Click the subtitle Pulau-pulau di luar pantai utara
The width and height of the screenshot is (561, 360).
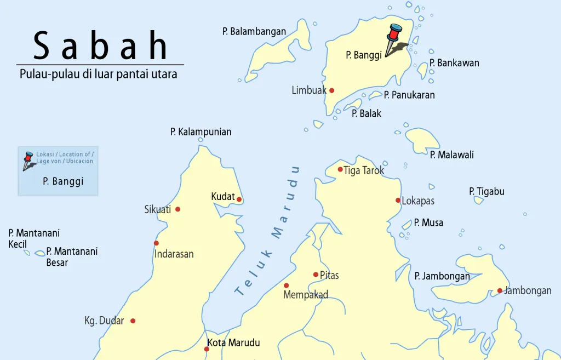click(99, 74)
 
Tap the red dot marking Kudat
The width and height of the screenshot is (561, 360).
click(239, 199)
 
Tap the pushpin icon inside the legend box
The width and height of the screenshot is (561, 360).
click(28, 160)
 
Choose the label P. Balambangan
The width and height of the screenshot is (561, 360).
click(254, 32)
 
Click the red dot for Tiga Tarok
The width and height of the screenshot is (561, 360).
click(340, 169)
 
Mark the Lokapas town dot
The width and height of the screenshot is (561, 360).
click(398, 200)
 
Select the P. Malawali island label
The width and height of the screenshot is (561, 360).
click(451, 155)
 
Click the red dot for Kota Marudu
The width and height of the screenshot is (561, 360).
click(207, 349)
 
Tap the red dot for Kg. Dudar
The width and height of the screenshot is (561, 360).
click(133, 321)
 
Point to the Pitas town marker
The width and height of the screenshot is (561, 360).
click(316, 275)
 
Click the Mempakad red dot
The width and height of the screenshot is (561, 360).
click(286, 285)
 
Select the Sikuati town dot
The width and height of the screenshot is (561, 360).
click(178, 209)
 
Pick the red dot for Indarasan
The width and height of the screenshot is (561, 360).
click(156, 243)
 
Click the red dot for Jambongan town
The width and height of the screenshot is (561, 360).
click(500, 290)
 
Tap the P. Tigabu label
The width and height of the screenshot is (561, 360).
click(486, 192)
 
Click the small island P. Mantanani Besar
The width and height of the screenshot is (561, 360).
click(40, 253)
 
